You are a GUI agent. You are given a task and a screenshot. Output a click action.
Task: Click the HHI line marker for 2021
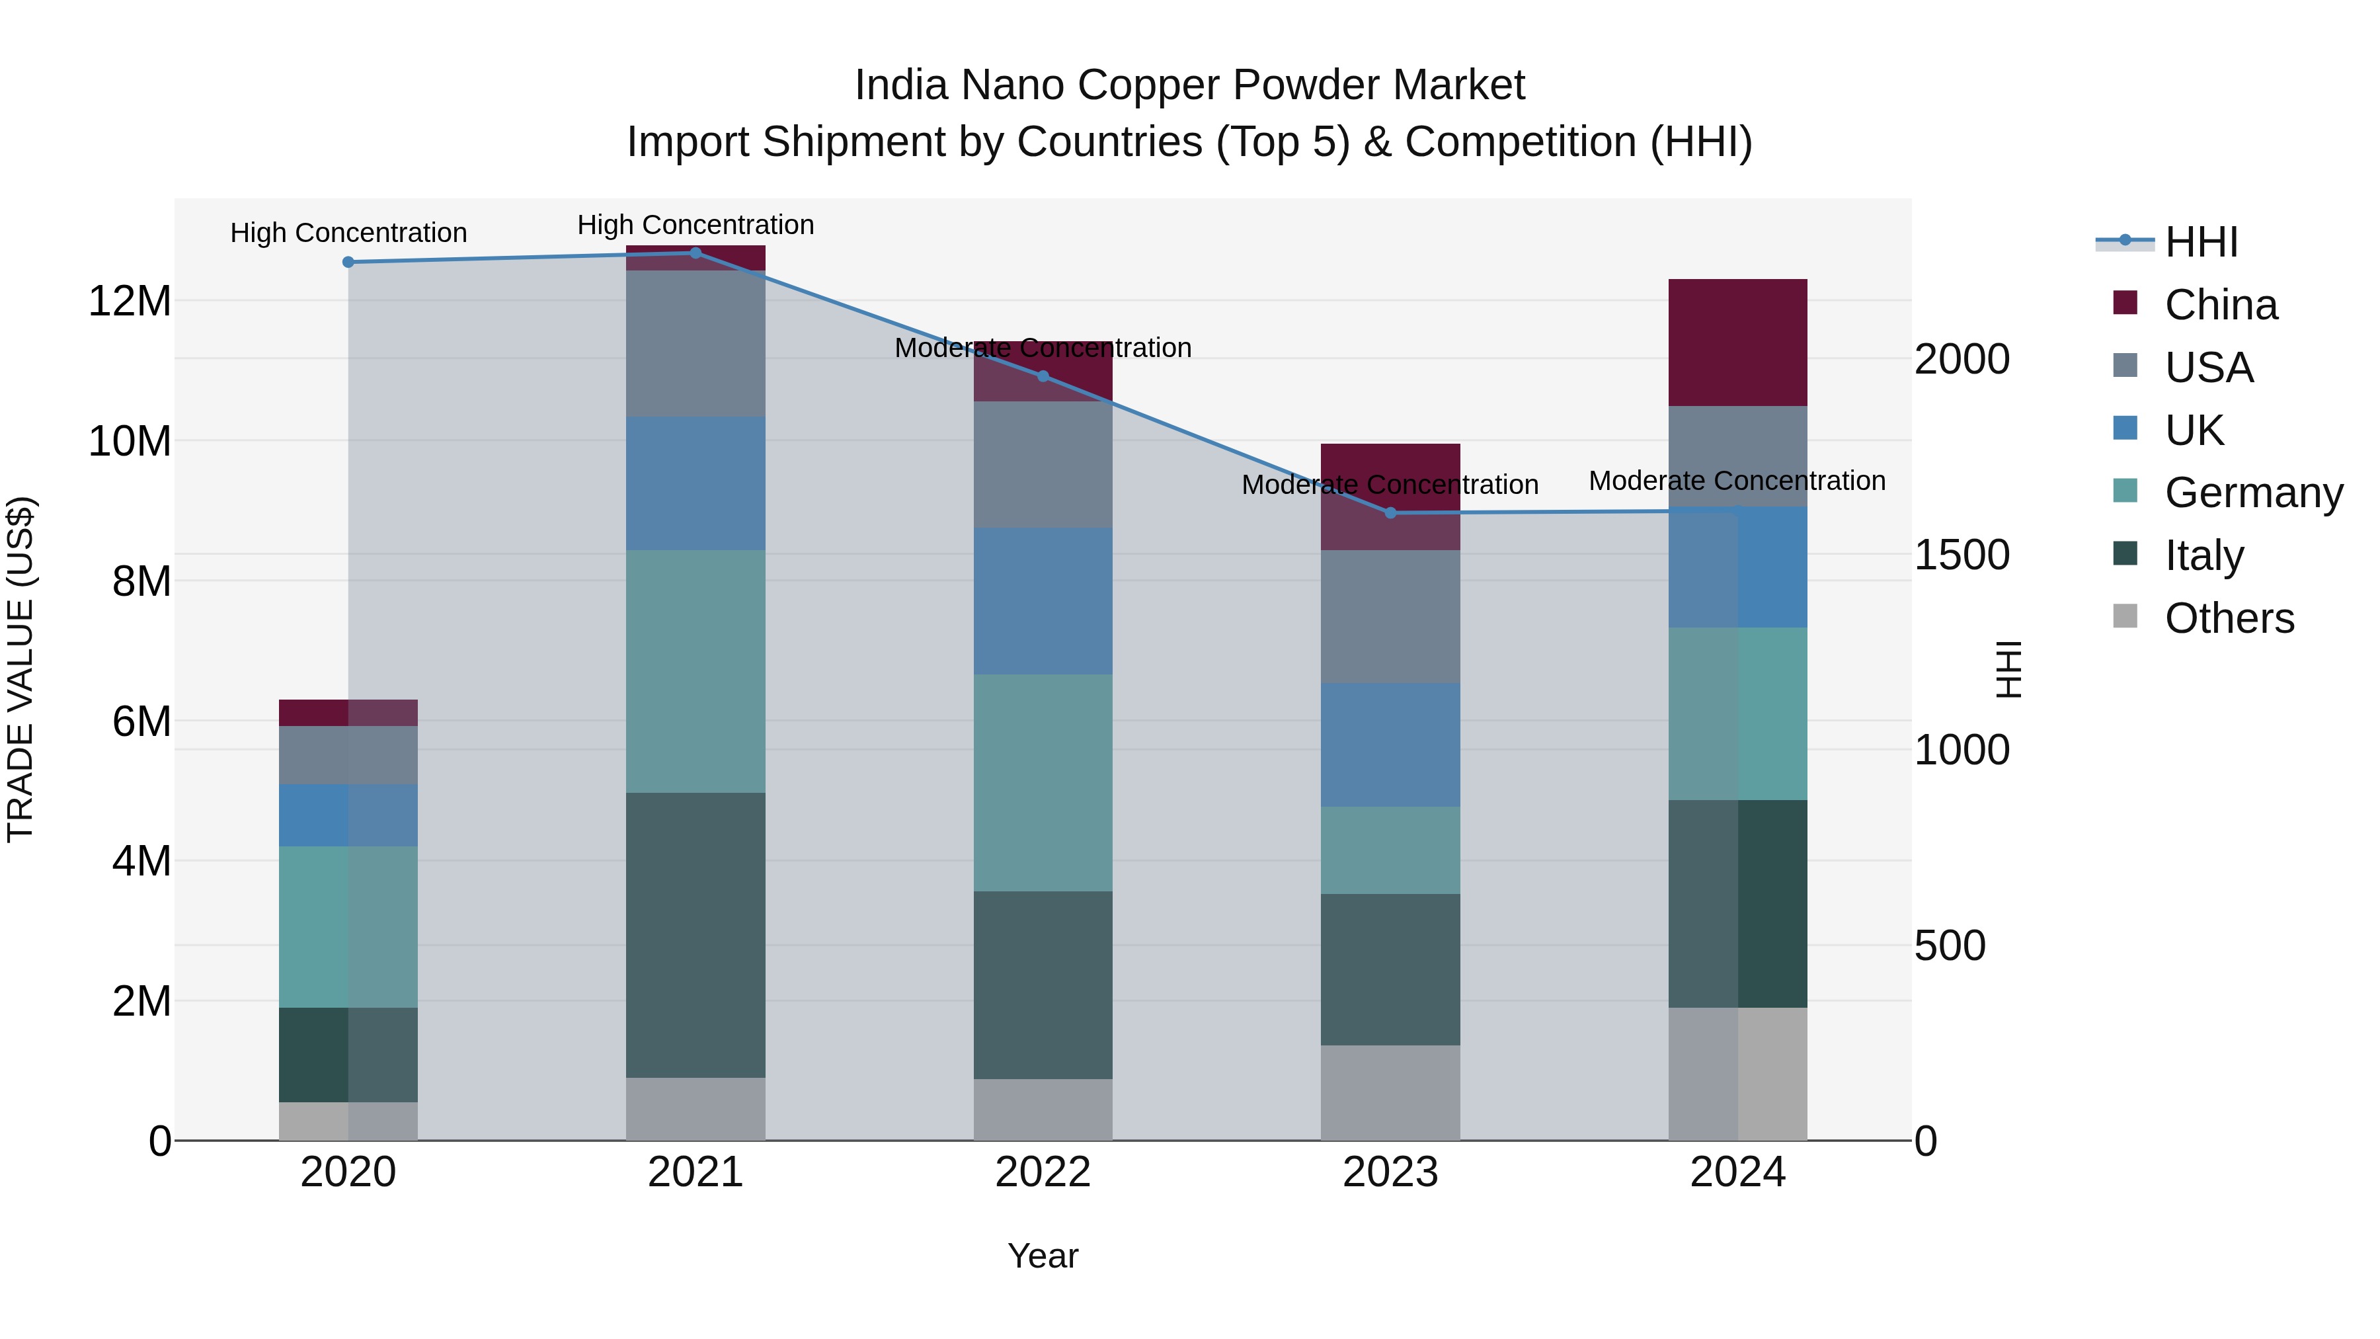click(695, 253)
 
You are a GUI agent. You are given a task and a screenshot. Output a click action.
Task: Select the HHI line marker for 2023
click(1390, 513)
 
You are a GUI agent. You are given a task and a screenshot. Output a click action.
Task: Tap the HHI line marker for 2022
click(1043, 376)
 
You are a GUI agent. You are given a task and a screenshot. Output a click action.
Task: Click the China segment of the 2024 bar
click(1738, 343)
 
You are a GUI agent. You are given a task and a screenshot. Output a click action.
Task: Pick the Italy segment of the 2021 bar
click(695, 935)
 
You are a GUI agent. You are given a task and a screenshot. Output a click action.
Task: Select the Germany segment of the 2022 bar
click(1043, 783)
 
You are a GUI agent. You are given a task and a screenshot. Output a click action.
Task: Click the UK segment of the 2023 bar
click(1390, 745)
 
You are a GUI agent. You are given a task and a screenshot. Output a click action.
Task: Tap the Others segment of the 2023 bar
click(1390, 1093)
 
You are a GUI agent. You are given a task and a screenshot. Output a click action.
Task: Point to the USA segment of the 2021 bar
click(695, 344)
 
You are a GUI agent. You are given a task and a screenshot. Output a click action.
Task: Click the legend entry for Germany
click(2254, 493)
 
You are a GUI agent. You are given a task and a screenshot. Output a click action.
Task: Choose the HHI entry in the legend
click(2201, 242)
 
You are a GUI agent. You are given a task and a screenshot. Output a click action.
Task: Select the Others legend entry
click(2229, 618)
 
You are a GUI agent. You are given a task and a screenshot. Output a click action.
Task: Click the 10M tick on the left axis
click(130, 442)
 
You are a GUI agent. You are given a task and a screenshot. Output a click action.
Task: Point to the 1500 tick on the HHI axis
click(1962, 555)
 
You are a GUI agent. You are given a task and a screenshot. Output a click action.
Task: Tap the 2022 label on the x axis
click(1043, 1172)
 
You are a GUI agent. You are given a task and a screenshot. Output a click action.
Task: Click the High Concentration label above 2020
click(348, 233)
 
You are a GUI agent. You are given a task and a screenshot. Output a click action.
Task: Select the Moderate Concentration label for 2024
click(1737, 481)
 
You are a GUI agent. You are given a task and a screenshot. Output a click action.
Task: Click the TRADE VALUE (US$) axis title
click(20, 669)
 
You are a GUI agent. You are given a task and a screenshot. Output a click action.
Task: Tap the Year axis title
click(1043, 1256)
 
